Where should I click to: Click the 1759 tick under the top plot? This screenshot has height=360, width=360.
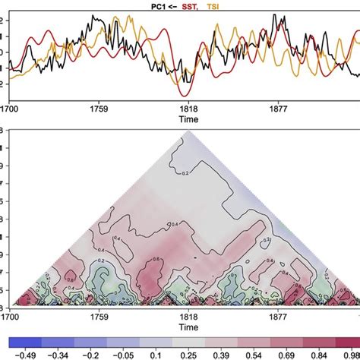pos(98,109)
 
